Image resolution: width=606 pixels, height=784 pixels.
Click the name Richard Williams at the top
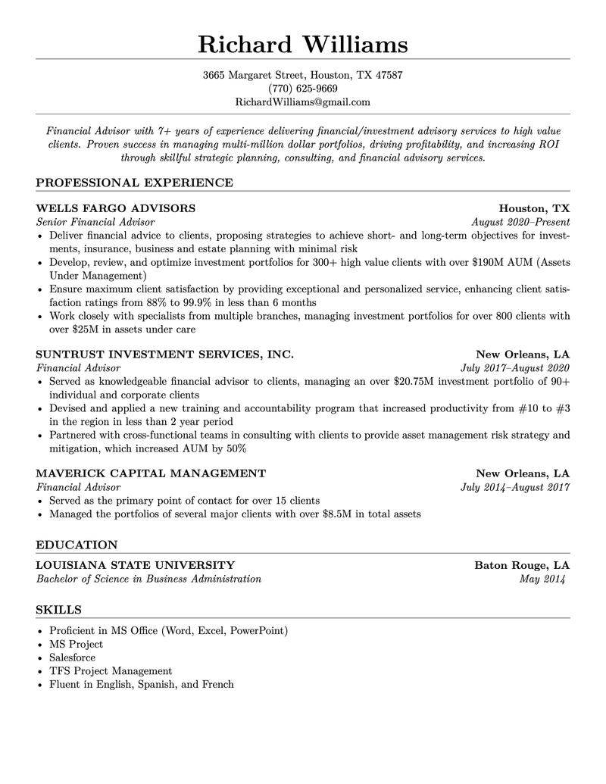(302, 44)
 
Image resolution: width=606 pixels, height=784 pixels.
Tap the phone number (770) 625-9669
(302, 89)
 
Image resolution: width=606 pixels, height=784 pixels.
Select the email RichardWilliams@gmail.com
(302, 102)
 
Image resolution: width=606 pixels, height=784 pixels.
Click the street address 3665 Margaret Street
(254, 76)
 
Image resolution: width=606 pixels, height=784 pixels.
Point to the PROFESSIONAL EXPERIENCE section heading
(134, 183)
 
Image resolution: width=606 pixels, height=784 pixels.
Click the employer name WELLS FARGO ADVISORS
(115, 208)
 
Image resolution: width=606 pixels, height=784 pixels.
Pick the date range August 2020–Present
(520, 223)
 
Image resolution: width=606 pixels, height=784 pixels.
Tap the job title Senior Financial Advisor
(95, 223)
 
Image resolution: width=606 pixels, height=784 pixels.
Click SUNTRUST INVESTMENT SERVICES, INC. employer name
(164, 355)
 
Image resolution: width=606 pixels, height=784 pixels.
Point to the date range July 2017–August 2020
(515, 368)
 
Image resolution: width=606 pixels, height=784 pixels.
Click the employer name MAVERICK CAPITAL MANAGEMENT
(151, 473)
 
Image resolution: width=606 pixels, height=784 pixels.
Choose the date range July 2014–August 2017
(515, 487)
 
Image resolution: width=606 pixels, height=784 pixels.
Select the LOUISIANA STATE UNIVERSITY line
(135, 565)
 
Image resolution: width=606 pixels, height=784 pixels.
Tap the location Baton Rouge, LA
(522, 565)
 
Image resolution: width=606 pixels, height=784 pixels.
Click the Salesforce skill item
(72, 657)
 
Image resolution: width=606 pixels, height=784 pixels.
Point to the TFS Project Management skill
(111, 671)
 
